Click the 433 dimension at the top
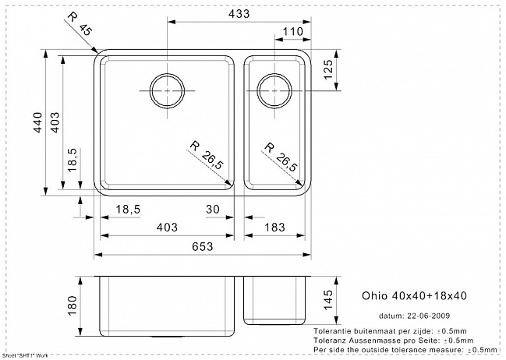point(239,13)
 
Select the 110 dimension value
point(293,32)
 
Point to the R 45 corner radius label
point(80,24)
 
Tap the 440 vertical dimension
point(38,122)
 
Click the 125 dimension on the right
point(327,69)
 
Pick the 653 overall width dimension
point(203,246)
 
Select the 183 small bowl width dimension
point(274,228)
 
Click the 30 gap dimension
point(213,210)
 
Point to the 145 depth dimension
point(327,300)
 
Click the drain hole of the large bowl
point(167,91)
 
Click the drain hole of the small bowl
point(274,91)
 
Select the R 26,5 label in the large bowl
point(207,155)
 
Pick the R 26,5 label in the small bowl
point(281,157)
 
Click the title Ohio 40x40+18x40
point(414,295)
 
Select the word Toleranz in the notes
point(328,341)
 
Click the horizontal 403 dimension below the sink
point(167,228)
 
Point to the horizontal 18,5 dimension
point(128,210)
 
